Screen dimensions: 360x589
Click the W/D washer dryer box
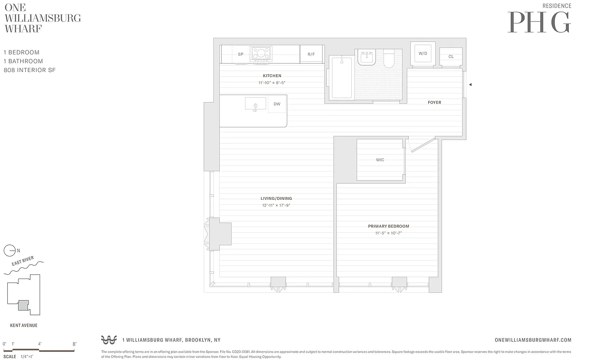tap(423, 54)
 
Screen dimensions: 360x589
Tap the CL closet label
tap(451, 57)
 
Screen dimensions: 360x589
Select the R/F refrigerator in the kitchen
tap(311, 54)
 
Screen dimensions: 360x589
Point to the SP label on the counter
tap(240, 54)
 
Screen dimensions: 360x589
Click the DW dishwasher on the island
tap(277, 104)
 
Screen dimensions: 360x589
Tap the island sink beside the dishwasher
tap(255, 104)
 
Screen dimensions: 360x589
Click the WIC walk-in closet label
tap(380, 160)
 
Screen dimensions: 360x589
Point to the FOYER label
tap(434, 103)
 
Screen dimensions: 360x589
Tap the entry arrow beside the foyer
tap(470, 84)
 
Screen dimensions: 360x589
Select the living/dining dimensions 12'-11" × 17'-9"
tap(276, 206)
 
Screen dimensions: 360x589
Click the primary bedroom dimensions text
tap(388, 233)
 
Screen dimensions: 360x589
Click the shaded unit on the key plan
tap(23, 305)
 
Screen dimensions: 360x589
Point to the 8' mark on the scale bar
tap(74, 344)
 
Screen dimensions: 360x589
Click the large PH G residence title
tap(539, 22)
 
